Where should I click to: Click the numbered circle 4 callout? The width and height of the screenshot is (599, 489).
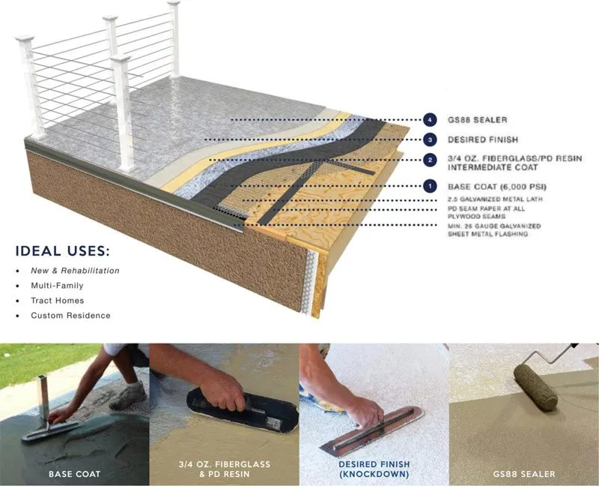[430, 119]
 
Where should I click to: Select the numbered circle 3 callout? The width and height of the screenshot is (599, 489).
[430, 139]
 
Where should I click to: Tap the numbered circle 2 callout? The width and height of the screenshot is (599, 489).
[430, 160]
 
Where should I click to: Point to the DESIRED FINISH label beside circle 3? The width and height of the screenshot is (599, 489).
[482, 139]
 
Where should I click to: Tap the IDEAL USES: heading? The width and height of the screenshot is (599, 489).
[62, 250]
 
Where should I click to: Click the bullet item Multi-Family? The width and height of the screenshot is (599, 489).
[57, 286]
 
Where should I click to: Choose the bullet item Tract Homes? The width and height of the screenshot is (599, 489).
[57, 301]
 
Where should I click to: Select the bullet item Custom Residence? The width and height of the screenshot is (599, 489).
[70, 316]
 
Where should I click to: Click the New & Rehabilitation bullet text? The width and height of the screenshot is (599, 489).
[75, 271]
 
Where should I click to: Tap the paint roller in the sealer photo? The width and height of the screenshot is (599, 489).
[535, 384]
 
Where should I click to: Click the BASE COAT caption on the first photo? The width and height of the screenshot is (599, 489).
[75, 474]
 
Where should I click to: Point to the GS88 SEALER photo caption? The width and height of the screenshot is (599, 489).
[524, 474]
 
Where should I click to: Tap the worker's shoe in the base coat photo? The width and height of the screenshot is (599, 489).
[130, 393]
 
